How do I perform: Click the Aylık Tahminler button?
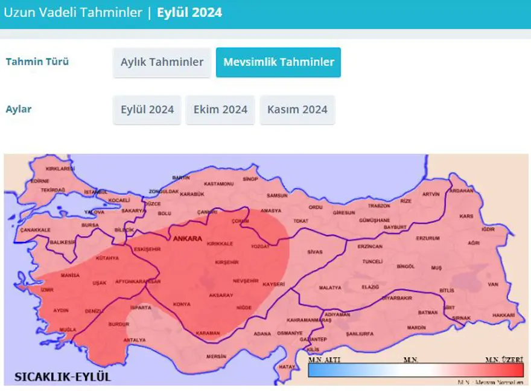coord(162,62)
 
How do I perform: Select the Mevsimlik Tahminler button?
coord(278,62)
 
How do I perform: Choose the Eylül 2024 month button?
coord(147,110)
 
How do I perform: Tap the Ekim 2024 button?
coord(220,110)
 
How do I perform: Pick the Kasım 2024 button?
coord(297,110)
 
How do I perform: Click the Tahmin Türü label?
coord(37,62)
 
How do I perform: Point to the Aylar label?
coord(19,109)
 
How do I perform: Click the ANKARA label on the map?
coord(187,239)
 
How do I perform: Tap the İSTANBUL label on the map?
coord(95,192)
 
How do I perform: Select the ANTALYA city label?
coord(134,340)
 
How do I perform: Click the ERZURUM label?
coord(428,238)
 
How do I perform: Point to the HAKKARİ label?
coord(504,315)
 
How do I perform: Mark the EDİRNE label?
coord(40,180)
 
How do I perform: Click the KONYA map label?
coord(181,304)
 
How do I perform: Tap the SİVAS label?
coord(315,252)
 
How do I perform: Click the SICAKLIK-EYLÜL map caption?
coord(59,377)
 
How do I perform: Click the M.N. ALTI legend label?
coord(322,360)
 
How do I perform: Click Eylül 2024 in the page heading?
coord(189,12)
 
